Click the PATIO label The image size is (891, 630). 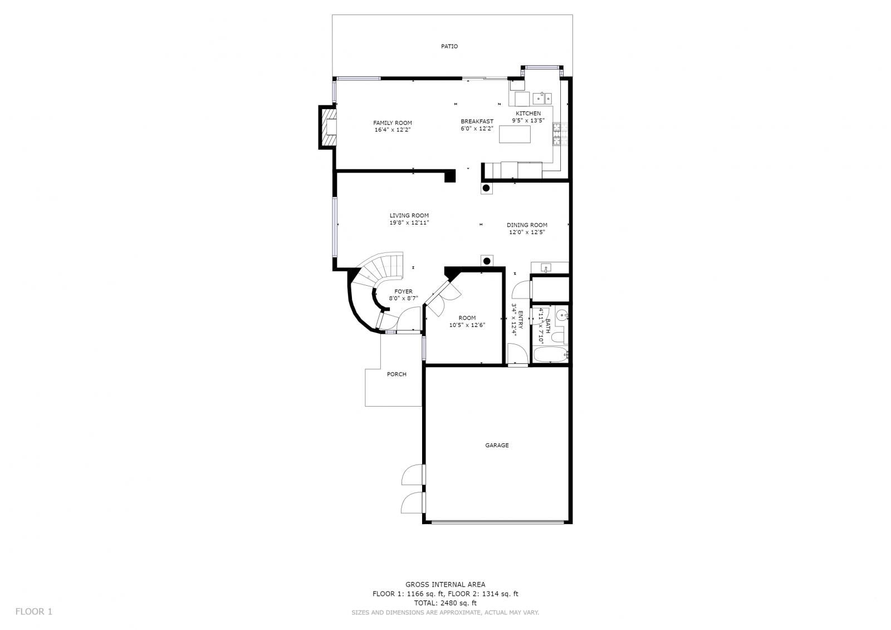tap(449, 47)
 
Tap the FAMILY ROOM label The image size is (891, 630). tap(392, 123)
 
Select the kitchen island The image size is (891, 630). tap(515, 134)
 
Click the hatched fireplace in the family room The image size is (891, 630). tap(328, 128)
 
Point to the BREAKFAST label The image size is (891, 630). tap(477, 121)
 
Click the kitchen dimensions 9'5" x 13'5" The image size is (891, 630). tap(528, 120)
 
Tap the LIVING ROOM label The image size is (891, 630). tap(409, 216)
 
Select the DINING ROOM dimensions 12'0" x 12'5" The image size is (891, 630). tap(527, 232)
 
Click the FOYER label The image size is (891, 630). tap(403, 292)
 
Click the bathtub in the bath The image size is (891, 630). tap(551, 355)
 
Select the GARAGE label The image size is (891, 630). tap(497, 445)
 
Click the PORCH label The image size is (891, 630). tap(396, 374)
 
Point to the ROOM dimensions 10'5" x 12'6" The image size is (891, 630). tap(467, 325)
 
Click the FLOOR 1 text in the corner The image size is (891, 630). tap(34, 612)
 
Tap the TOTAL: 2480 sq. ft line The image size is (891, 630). tap(445, 603)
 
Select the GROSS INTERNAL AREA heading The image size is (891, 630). tap(445, 585)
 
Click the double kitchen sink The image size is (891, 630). tap(542, 97)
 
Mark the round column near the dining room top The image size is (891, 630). tap(486, 188)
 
